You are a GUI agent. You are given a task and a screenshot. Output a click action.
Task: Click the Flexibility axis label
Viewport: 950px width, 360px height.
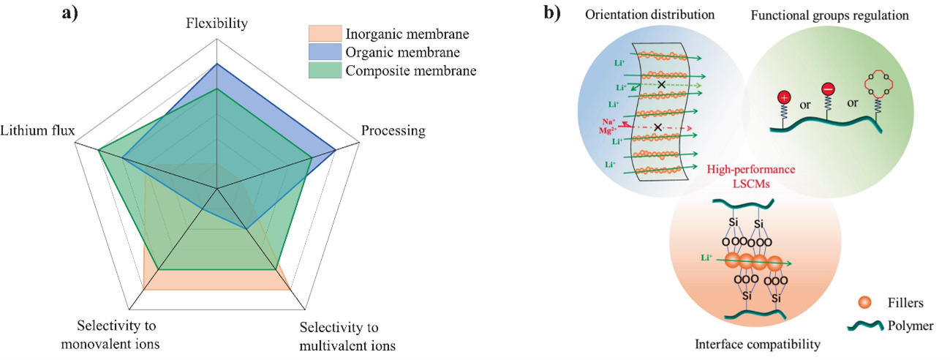(x=216, y=23)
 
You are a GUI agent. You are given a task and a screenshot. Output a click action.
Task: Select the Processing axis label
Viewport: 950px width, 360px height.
(x=393, y=131)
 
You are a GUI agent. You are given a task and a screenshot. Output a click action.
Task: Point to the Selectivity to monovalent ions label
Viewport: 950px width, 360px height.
(x=118, y=334)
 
